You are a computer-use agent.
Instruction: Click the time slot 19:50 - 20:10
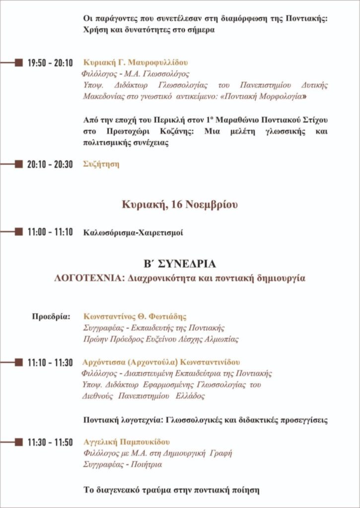(x=50, y=63)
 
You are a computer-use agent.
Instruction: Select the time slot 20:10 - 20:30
(x=50, y=165)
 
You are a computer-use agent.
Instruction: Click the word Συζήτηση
(x=101, y=164)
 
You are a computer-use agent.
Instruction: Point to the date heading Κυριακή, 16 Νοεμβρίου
(x=180, y=205)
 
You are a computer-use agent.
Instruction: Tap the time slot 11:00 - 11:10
(x=50, y=232)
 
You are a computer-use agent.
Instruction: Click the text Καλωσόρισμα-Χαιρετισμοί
(x=133, y=232)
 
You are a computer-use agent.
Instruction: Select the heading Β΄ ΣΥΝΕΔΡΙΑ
(x=180, y=263)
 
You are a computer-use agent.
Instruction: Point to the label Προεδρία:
(x=52, y=317)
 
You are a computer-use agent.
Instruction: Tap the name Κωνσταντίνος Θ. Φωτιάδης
(x=135, y=317)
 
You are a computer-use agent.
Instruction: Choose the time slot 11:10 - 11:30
(x=50, y=363)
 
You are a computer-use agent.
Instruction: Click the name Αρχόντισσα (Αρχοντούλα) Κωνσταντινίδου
(x=162, y=362)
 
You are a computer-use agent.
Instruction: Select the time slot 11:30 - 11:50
(x=50, y=442)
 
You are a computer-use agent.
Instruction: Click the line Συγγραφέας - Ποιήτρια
(x=122, y=465)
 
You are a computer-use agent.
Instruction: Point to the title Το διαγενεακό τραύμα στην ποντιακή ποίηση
(x=171, y=490)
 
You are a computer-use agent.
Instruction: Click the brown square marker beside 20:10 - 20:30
(x=19, y=164)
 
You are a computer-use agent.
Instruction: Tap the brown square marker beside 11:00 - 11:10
(x=19, y=232)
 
